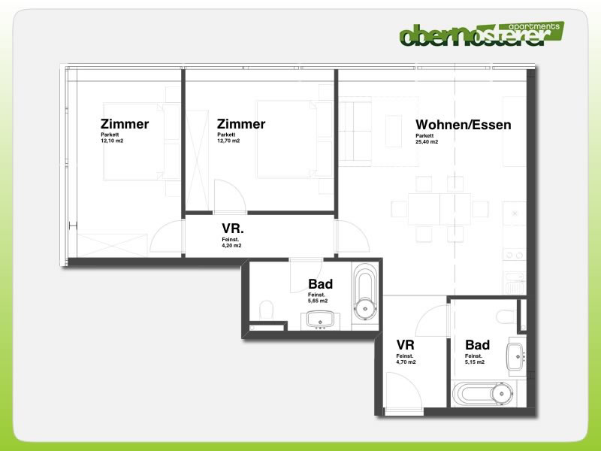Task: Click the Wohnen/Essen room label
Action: pos(463,125)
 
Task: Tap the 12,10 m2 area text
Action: pos(112,141)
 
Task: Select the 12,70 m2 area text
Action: pos(228,141)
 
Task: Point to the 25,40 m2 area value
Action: pos(427,141)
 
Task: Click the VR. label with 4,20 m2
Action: pos(233,229)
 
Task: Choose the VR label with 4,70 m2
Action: pos(406,345)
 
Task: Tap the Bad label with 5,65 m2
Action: pos(321,284)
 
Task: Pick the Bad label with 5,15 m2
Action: pos(477,345)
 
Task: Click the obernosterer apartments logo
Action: pos(482,34)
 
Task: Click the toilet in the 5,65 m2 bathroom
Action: pos(266,310)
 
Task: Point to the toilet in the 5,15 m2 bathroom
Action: pos(506,316)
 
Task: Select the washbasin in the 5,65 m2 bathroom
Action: pos(321,321)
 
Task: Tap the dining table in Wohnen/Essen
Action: pos(439,209)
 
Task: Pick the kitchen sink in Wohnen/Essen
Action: pos(515,283)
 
